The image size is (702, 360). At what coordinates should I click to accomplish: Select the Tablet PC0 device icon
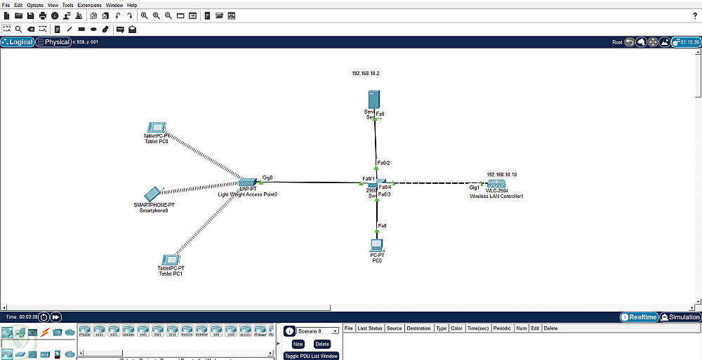pyautogui.click(x=156, y=128)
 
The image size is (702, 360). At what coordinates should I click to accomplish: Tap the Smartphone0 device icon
pyautogui.click(x=152, y=194)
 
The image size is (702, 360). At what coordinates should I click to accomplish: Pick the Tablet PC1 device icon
pyautogui.click(x=170, y=260)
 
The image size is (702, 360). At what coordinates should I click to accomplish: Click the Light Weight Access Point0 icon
pyautogui.click(x=248, y=182)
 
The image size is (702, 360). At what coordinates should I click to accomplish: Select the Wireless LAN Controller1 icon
pyautogui.click(x=496, y=184)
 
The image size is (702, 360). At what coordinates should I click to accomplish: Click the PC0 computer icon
pyautogui.click(x=377, y=245)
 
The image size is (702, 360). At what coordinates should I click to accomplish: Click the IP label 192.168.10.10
pyautogui.click(x=501, y=174)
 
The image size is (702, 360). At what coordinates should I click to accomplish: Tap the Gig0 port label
pyautogui.click(x=267, y=178)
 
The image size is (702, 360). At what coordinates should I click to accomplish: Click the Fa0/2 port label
pyautogui.click(x=383, y=163)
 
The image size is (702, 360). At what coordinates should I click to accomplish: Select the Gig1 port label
pyautogui.click(x=475, y=187)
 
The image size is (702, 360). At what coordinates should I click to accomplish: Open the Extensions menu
pyautogui.click(x=89, y=5)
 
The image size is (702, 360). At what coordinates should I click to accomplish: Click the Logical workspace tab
pyautogui.click(x=18, y=42)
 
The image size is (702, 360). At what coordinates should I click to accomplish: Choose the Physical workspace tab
pyautogui.click(x=54, y=42)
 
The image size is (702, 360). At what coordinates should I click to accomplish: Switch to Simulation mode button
pyautogui.click(x=680, y=317)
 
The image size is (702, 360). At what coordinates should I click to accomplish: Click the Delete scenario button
pyautogui.click(x=322, y=344)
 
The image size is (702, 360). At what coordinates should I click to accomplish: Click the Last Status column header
pyautogui.click(x=369, y=328)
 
